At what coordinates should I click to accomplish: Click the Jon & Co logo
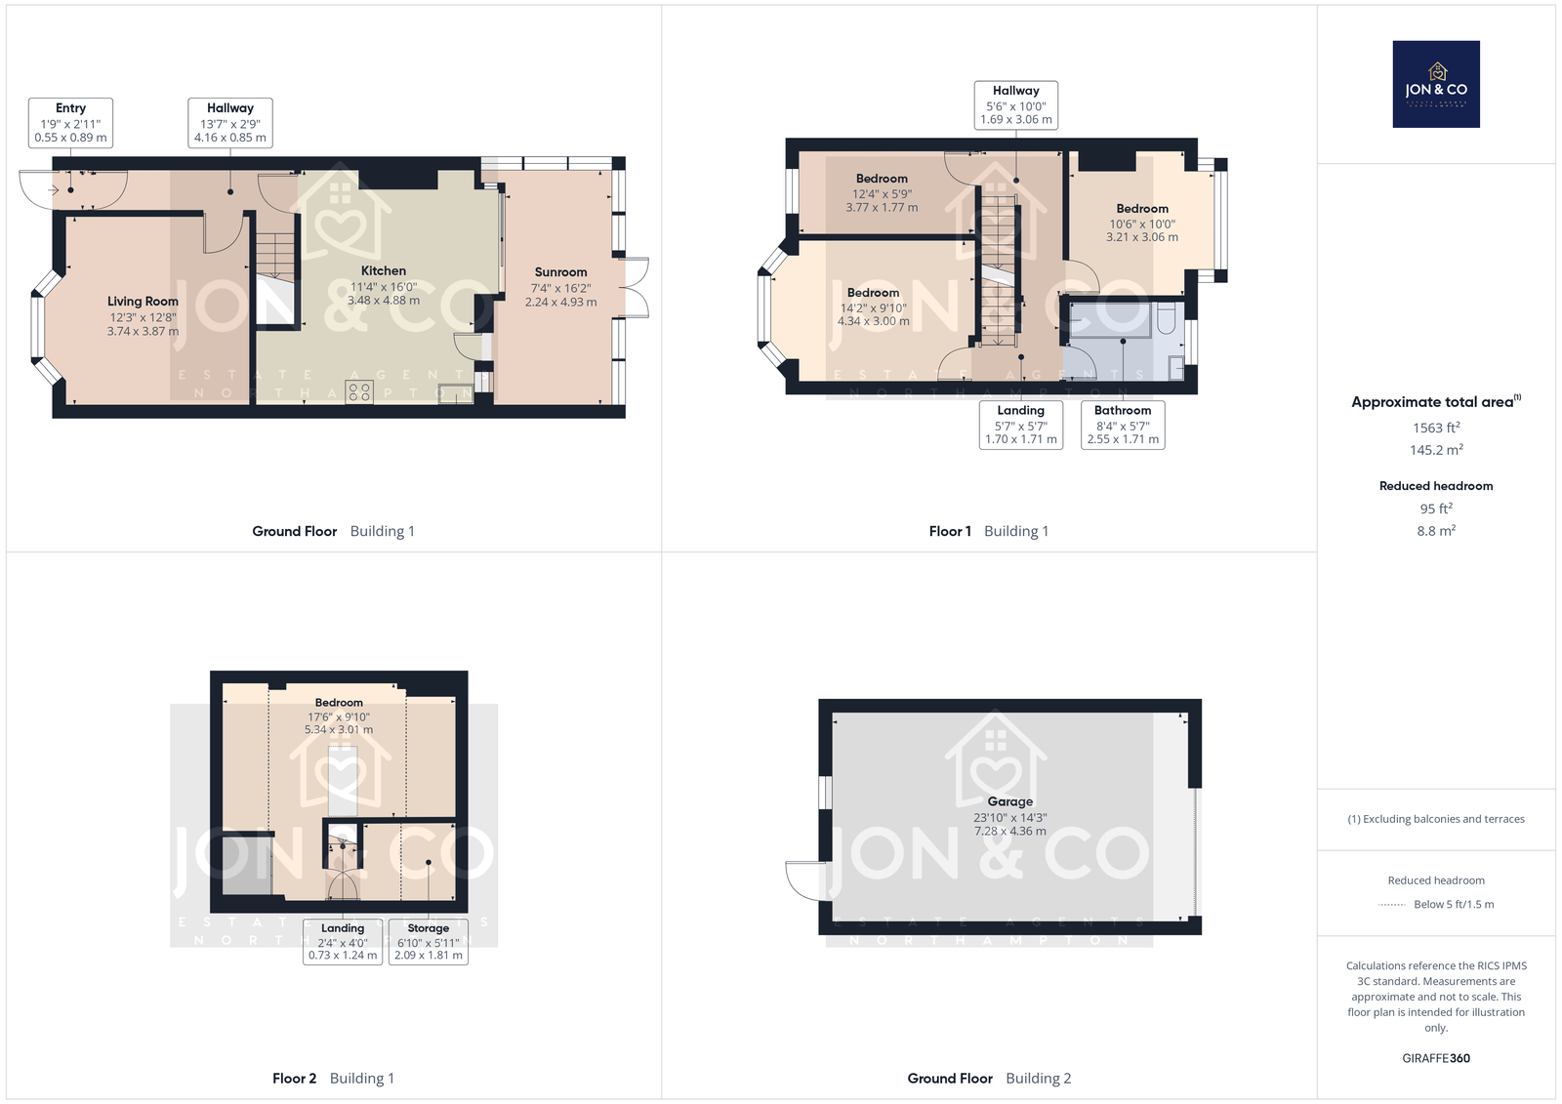pyautogui.click(x=1436, y=84)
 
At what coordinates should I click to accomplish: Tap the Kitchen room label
pyautogui.click(x=384, y=270)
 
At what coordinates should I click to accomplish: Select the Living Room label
pyautogui.click(x=143, y=302)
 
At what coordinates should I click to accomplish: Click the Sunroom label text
pyautogui.click(x=560, y=272)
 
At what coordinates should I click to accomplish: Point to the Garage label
pyautogui.click(x=1009, y=802)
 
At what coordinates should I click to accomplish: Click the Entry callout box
pyautogui.click(x=70, y=123)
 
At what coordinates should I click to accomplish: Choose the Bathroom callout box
pyautogui.click(x=1123, y=425)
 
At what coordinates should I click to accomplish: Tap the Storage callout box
pyautogui.click(x=429, y=942)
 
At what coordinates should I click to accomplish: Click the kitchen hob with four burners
pyautogui.click(x=359, y=392)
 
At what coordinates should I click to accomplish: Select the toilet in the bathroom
pyautogui.click(x=1167, y=319)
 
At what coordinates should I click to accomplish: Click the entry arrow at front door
pyautogui.click(x=53, y=189)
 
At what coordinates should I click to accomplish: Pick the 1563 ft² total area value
pyautogui.click(x=1436, y=428)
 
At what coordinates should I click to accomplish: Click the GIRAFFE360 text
pyautogui.click(x=1436, y=1058)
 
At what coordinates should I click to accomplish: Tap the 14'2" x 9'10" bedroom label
pyautogui.click(x=873, y=307)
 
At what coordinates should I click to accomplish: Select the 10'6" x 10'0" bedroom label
pyautogui.click(x=1142, y=223)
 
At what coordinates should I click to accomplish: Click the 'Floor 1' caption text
pyautogui.click(x=950, y=531)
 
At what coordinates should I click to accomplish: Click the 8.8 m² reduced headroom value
pyautogui.click(x=1436, y=531)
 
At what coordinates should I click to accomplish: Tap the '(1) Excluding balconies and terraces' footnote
pyautogui.click(x=1436, y=819)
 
